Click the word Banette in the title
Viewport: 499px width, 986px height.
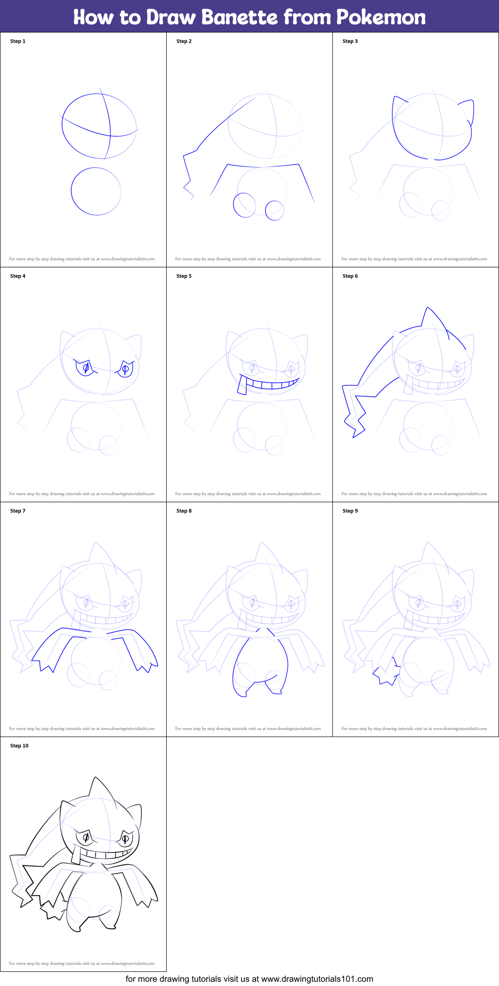(240, 17)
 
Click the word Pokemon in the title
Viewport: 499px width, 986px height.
(380, 17)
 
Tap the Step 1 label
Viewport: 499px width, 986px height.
(18, 41)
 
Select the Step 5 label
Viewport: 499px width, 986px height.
(184, 276)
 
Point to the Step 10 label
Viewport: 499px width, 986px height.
(19, 746)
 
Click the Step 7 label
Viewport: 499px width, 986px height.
(18, 511)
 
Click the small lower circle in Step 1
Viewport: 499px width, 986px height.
(96, 192)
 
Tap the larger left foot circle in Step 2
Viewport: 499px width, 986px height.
(244, 205)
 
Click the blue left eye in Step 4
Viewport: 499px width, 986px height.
(85, 368)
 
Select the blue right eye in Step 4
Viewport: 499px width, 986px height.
(125, 369)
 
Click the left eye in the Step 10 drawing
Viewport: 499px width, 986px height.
(86, 837)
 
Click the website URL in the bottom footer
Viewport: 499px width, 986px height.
(317, 979)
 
